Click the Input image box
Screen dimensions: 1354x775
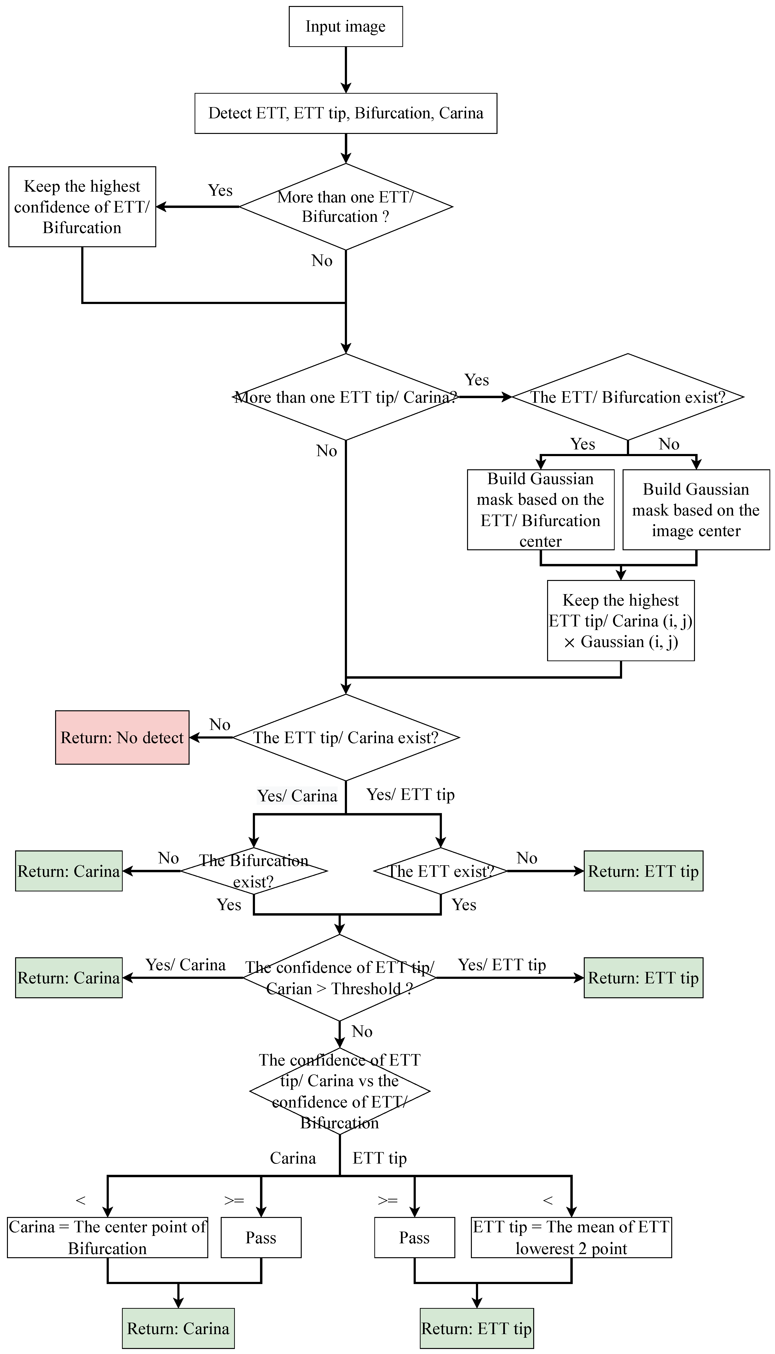pos(346,27)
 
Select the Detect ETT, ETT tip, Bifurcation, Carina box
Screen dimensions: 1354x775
pos(346,113)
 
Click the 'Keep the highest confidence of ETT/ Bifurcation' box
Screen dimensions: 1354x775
pos(82,207)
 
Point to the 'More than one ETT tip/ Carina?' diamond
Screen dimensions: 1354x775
pos(346,397)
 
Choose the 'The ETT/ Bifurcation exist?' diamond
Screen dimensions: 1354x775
pos(628,397)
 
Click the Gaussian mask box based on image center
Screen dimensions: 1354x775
pos(696,510)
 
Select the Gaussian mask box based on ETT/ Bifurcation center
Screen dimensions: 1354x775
pos(540,510)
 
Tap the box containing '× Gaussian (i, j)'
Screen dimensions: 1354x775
pos(621,621)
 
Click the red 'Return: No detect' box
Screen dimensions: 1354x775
pos(122,738)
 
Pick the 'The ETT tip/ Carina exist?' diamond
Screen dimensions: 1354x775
pos(346,738)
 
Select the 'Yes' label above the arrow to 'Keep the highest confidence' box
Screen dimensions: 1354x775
pos(220,190)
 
